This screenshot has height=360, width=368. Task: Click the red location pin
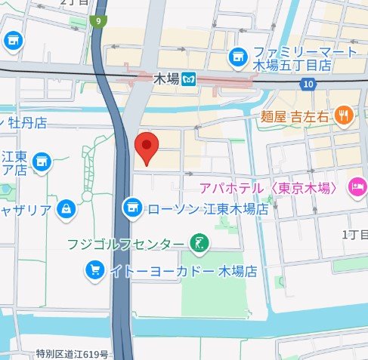tap(145, 146)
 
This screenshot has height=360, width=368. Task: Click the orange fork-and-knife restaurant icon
tap(344, 115)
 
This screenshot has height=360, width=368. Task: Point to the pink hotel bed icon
tap(354, 186)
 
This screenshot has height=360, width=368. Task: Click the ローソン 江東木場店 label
tap(206, 206)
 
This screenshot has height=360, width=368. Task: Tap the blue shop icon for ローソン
tap(132, 205)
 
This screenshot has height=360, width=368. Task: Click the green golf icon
tap(199, 243)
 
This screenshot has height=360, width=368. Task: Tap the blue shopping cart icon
tap(94, 269)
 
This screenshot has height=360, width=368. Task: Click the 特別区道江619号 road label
tap(73, 353)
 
